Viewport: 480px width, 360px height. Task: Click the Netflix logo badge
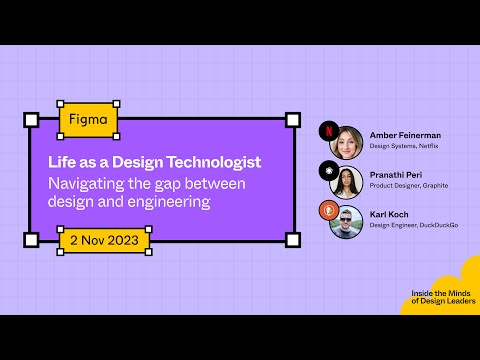point(326,129)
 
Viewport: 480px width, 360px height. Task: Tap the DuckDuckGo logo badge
point(326,209)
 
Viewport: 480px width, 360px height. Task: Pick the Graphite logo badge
point(326,169)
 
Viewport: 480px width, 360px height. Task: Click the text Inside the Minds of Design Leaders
point(443,297)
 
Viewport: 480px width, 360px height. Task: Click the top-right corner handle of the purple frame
point(293,120)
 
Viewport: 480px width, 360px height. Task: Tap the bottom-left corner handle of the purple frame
point(31,240)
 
